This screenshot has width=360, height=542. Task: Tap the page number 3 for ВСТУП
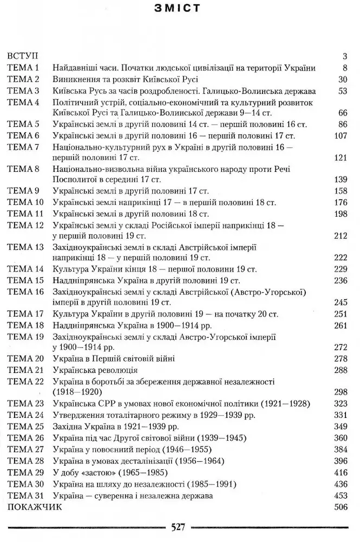(345, 56)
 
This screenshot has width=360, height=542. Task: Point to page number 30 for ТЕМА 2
(342, 79)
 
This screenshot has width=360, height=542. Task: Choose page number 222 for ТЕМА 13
(340, 258)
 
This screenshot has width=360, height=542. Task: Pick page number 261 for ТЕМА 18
(340, 325)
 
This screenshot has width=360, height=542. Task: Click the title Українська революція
(96, 370)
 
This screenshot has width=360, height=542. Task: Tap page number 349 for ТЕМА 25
(340, 427)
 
